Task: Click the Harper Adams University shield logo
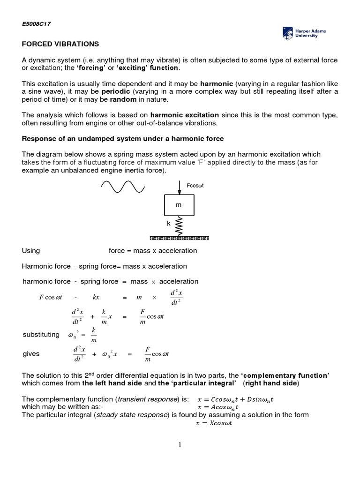click(287, 32)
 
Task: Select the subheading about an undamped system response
click(123, 139)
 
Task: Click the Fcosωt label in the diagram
click(195, 186)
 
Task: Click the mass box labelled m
click(179, 205)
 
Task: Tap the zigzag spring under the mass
click(179, 225)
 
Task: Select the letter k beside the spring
click(169, 224)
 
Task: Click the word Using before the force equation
click(31, 251)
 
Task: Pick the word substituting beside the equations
click(41, 335)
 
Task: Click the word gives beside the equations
click(31, 354)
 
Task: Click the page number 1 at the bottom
click(180, 445)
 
